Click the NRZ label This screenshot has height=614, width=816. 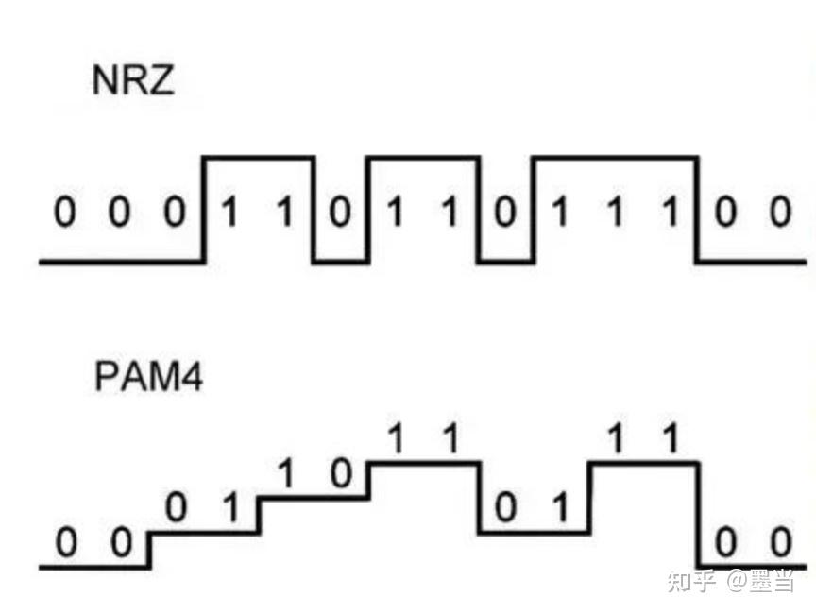point(133,81)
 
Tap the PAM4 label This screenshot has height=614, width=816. point(148,377)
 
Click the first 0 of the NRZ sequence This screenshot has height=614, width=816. point(63,213)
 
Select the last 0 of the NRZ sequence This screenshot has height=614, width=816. point(780,213)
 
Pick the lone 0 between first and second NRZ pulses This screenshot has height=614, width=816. point(339,213)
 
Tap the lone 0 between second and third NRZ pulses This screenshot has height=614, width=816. point(505,213)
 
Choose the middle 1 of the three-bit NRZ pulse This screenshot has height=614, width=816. point(615,213)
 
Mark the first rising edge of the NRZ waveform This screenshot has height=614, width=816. point(204,209)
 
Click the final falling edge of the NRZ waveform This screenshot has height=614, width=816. point(698,209)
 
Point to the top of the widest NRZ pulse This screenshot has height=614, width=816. point(615,157)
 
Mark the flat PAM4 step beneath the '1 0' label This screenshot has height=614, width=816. point(314,498)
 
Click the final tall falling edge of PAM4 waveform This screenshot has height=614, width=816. point(698,515)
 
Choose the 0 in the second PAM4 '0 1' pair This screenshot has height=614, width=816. point(506,509)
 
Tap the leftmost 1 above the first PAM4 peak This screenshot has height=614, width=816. point(397,438)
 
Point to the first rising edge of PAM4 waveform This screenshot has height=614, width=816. point(149,550)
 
